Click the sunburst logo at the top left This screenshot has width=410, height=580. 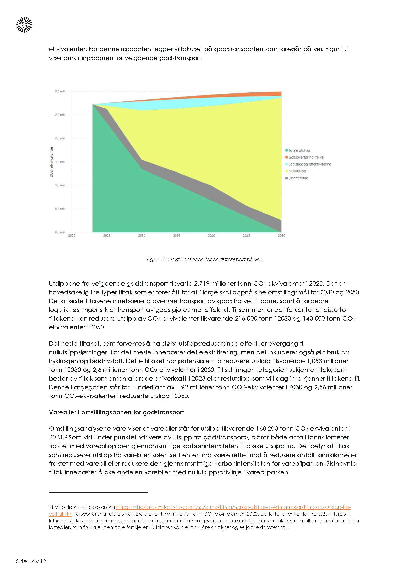24,25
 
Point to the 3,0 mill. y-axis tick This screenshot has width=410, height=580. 60,92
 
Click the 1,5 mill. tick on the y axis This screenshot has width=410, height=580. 60,162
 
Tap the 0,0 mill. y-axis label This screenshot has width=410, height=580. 60,232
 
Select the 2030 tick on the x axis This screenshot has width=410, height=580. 142,236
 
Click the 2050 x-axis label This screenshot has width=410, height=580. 281,236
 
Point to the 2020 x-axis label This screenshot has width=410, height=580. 72,236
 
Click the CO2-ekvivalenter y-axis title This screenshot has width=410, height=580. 51,162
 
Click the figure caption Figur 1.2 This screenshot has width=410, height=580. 205,259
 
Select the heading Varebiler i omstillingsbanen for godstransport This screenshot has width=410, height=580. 117,412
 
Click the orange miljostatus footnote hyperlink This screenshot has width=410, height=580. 233,507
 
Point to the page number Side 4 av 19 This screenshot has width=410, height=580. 31,561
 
